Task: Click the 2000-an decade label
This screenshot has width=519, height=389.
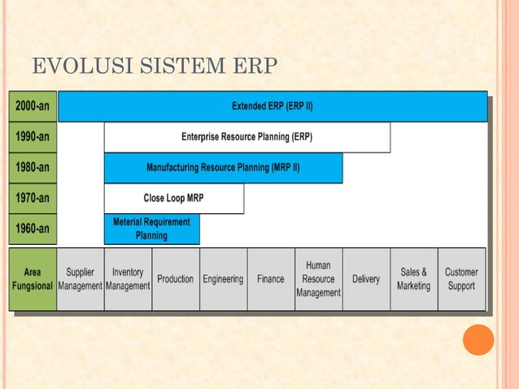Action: [33, 107]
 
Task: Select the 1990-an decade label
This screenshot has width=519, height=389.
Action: [33, 137]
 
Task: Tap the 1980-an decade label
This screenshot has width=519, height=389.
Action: [33, 168]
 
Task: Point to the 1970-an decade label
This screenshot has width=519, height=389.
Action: [33, 198]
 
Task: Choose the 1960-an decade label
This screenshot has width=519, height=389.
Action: [33, 229]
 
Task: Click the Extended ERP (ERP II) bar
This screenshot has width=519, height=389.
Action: [273, 107]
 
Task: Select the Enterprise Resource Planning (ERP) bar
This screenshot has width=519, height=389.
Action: [246, 137]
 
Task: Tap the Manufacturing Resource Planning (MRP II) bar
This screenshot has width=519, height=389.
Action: [223, 168]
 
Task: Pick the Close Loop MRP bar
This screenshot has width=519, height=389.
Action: [173, 198]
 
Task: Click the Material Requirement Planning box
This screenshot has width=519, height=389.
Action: [151, 229]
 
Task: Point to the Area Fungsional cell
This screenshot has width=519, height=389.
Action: [33, 279]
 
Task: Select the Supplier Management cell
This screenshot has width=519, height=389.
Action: [80, 279]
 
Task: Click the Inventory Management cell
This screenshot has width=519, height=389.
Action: [128, 279]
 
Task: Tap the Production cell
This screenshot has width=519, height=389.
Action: [175, 279]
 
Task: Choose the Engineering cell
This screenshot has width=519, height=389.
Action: [223, 279]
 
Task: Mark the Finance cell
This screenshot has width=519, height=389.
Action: [271, 279]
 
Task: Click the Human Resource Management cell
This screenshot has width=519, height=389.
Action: [318, 279]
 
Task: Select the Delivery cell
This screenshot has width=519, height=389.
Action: [366, 279]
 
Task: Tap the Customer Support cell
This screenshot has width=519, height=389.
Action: [461, 279]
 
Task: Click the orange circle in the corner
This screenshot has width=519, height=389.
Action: [478, 339]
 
